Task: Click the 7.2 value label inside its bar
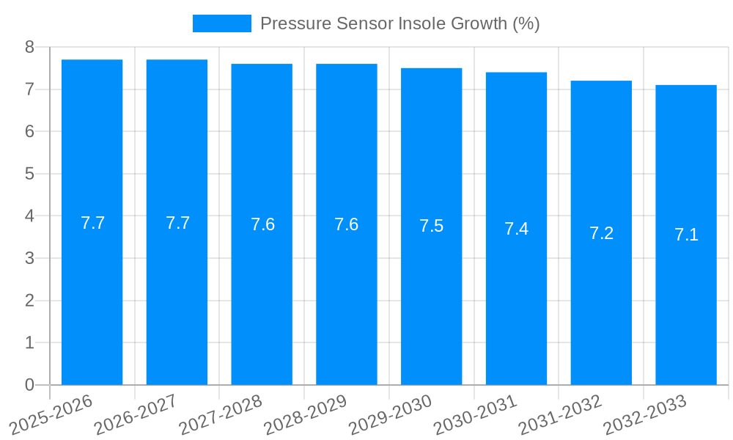click(x=601, y=233)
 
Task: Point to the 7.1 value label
click(x=686, y=235)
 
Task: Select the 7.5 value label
click(x=431, y=226)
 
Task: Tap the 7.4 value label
click(x=516, y=229)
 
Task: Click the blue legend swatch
click(x=221, y=23)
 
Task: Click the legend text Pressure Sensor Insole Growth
click(x=399, y=23)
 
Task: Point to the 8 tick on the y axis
click(x=29, y=47)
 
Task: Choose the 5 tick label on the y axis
click(x=29, y=174)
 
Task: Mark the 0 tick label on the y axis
click(x=29, y=385)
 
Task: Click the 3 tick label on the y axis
click(x=29, y=258)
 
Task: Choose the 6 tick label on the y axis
click(x=29, y=131)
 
